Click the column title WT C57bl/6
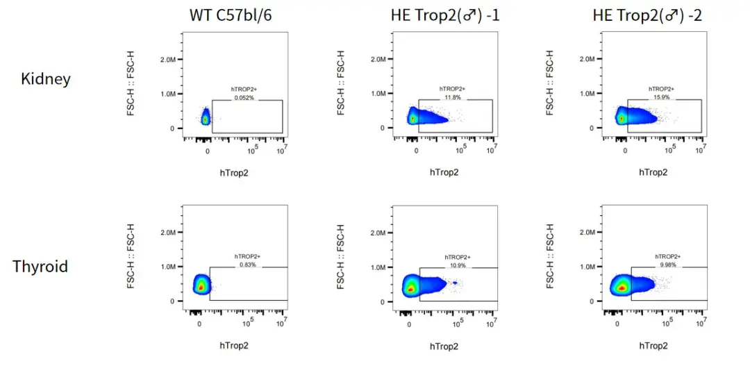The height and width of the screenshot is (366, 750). (x=231, y=15)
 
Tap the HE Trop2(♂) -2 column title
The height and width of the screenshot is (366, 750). (x=647, y=15)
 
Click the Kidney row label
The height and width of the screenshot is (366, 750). (x=46, y=78)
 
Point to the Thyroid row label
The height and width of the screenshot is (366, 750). (x=40, y=265)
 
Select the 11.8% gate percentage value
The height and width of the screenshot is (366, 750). (x=453, y=97)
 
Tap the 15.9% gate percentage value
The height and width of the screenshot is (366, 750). (x=660, y=97)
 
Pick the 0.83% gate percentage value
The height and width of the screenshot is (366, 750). (x=247, y=265)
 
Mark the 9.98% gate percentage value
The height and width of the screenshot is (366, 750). (x=665, y=265)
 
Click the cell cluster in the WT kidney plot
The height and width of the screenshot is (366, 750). (x=206, y=119)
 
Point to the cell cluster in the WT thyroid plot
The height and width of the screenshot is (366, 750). (x=201, y=285)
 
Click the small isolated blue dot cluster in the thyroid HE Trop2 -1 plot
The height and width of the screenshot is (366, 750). (x=455, y=283)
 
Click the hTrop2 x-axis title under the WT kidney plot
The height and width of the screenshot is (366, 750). (x=234, y=172)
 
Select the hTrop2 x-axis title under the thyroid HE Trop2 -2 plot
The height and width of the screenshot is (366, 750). (x=652, y=345)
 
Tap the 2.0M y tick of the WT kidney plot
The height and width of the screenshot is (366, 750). (x=167, y=60)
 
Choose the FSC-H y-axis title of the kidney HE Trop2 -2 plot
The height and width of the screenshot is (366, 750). (x=550, y=81)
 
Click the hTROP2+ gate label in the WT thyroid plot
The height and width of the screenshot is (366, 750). (x=247, y=257)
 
